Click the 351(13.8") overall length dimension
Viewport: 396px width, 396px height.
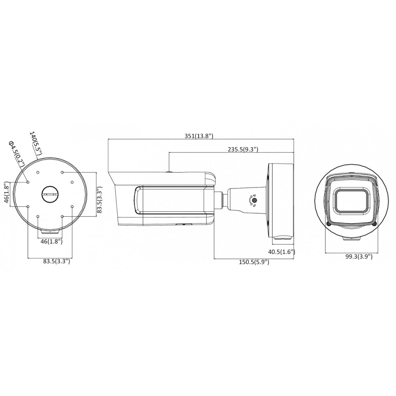pos(199,136)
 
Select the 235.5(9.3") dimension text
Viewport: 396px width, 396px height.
pos(243,150)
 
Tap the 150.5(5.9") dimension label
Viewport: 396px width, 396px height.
pos(254,262)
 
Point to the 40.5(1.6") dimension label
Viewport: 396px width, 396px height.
pos(281,252)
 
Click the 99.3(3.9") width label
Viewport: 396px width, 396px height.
pos(359,257)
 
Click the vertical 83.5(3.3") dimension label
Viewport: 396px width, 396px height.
pos(99,200)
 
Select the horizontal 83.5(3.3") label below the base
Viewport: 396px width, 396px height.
pos(57,261)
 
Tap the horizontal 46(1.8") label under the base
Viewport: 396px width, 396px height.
pos(51,242)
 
